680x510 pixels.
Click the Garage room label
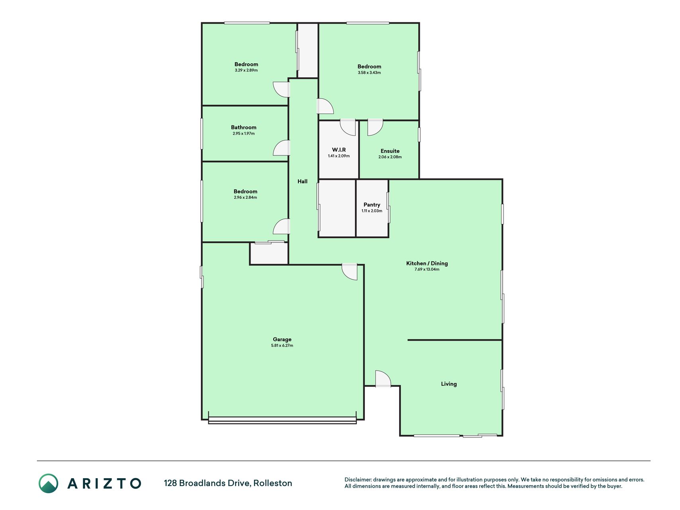[282, 339]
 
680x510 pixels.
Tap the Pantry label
[372, 205]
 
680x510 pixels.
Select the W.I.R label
[339, 150]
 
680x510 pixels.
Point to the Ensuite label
[390, 151]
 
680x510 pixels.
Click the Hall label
[302, 181]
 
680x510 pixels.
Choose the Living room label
[449, 384]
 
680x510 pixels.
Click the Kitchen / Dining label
[427, 263]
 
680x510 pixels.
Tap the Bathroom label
[244, 127]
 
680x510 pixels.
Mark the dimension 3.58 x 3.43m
[369, 73]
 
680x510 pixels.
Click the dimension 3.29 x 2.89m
[246, 71]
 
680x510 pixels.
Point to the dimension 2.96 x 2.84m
[245, 198]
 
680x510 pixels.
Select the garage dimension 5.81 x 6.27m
[282, 346]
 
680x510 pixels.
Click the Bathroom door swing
[281, 148]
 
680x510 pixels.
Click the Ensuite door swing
[375, 127]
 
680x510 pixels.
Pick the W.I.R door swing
[348, 127]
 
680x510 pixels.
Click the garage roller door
[282, 420]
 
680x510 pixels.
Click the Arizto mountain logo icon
[48, 483]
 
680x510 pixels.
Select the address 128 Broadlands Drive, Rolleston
[228, 483]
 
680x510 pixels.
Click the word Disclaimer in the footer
[358, 480]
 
